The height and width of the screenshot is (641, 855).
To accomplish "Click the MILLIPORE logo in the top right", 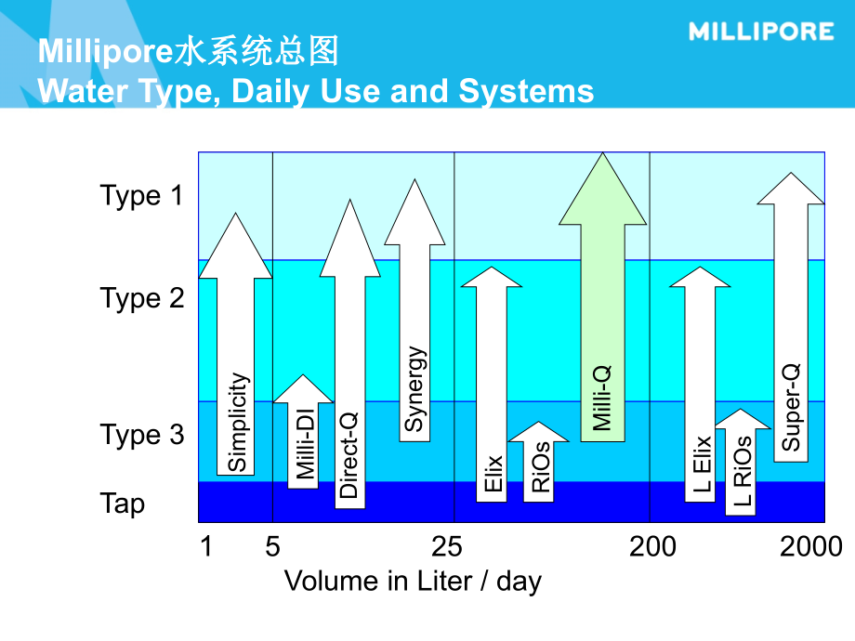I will point(761,32).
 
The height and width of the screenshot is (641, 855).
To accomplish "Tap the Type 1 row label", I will point(142,196).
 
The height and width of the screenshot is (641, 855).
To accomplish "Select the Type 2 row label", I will point(142,298).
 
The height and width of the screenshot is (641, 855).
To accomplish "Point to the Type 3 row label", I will point(142,435).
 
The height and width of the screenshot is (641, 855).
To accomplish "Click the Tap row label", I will point(123,504).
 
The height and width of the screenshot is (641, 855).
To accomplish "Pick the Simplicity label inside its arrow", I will point(238,423).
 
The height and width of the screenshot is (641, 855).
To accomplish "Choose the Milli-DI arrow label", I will point(305,446).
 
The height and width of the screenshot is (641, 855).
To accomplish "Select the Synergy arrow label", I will point(414,390).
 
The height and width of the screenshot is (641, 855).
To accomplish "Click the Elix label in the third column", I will point(493,473).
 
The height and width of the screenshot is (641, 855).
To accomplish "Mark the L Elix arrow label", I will point(701,464).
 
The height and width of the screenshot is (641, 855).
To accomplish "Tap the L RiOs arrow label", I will point(742,475).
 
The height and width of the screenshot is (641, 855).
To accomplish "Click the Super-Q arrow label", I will point(791,408).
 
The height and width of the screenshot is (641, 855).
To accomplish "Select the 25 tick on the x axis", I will point(447,547).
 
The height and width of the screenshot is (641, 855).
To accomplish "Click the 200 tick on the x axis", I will point(652,547).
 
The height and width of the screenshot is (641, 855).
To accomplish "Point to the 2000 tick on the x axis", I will point(810,547).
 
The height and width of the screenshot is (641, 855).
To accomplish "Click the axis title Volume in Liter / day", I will point(413,582).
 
